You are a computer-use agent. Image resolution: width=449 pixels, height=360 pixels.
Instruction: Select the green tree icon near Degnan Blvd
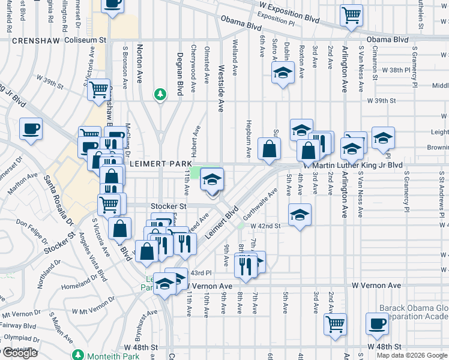click(160, 94)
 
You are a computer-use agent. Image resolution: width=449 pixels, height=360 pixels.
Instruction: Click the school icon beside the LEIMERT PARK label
click(211, 179)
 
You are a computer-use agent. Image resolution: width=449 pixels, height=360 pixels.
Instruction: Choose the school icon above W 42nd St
click(300, 214)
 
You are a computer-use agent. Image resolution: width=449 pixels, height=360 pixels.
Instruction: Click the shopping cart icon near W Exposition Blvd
click(351, 15)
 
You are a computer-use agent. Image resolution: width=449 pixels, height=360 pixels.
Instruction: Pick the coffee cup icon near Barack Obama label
click(378, 324)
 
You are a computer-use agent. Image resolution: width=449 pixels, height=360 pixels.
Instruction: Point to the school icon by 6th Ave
click(282, 74)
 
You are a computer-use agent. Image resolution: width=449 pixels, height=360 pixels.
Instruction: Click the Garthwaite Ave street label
click(259, 203)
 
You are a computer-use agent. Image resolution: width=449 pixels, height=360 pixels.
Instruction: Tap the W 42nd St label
click(266, 226)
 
